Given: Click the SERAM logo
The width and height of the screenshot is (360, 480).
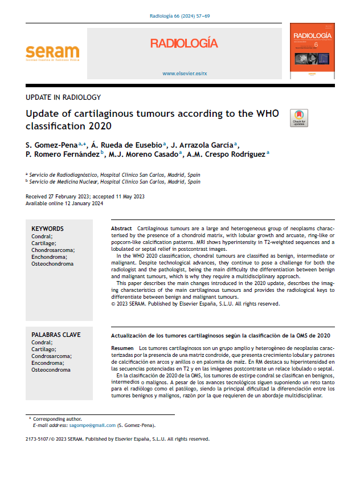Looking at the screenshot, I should point(52,53).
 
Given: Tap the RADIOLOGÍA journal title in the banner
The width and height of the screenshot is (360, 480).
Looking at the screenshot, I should point(184,43).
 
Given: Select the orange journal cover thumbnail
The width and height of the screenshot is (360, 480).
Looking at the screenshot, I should point(312,51).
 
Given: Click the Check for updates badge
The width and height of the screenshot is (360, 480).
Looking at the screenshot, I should point(299,118).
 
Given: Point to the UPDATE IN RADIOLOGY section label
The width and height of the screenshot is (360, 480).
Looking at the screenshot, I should point(63,97).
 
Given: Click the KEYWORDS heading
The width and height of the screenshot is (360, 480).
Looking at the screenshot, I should point(47,229).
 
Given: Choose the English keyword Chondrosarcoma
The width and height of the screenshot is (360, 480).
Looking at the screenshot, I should point(53,250).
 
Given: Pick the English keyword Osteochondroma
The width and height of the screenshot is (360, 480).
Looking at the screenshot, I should point(53,263).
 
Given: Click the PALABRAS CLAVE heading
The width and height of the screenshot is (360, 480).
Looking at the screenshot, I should point(56,335).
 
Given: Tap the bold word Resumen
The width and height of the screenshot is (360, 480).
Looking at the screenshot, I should point(122,348).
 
